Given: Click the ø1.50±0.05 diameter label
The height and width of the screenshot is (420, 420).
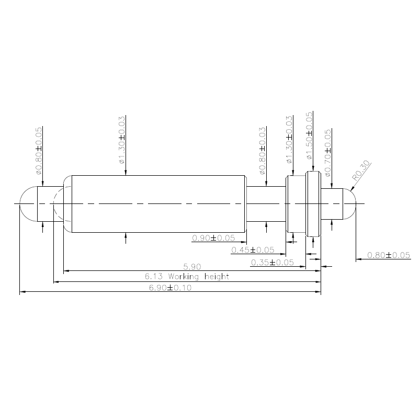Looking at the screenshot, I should (309, 135).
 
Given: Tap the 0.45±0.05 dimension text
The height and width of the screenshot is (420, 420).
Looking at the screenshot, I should (253, 250).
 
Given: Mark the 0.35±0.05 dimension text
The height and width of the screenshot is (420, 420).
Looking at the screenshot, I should (272, 262).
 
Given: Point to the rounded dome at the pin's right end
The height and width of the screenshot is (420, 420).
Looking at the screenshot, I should (350, 203).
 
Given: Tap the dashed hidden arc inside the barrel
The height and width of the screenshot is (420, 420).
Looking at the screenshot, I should (57, 203).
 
